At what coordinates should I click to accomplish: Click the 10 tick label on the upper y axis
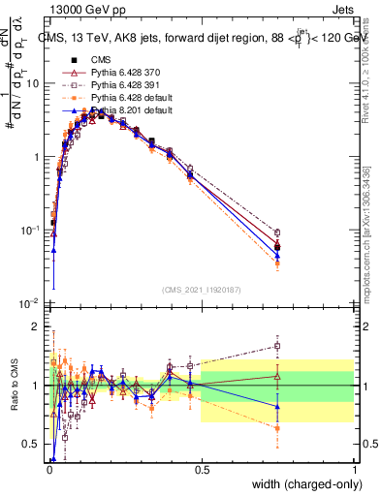[x=33, y=83]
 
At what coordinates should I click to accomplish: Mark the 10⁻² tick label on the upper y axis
[x=29, y=303]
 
